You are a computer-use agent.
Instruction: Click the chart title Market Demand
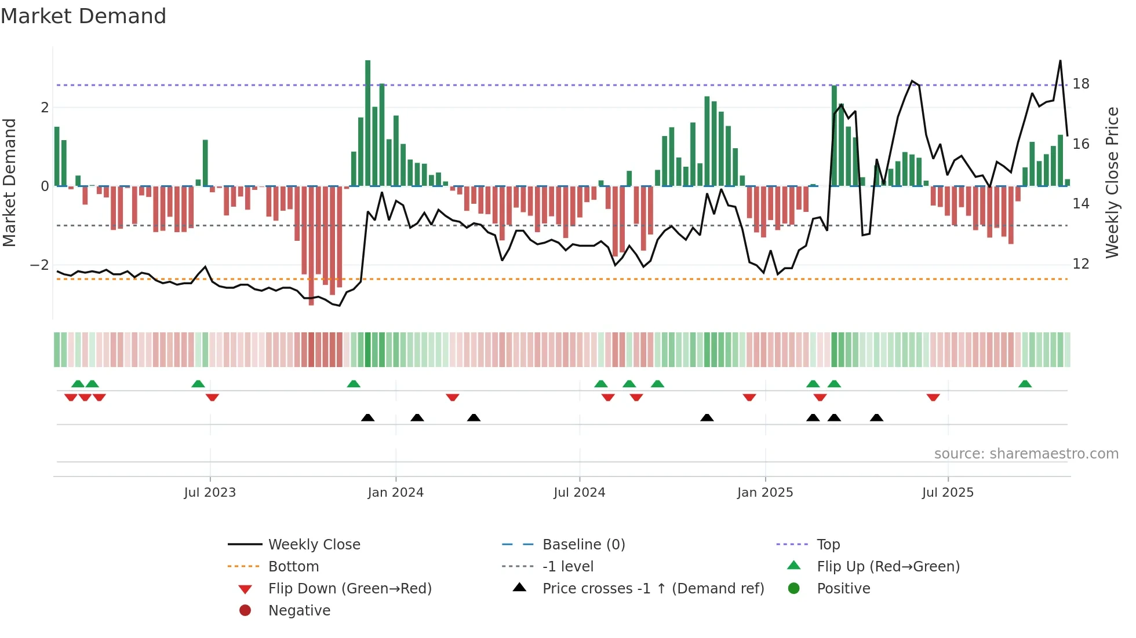(83, 16)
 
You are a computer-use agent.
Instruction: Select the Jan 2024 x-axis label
(395, 493)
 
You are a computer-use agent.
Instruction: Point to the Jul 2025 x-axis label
(948, 493)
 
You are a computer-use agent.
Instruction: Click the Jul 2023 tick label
(210, 493)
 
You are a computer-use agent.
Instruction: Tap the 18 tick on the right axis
(1081, 84)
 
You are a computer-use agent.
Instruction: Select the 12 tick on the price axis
(1081, 264)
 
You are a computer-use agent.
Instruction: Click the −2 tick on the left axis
(40, 265)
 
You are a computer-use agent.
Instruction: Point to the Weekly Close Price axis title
(1112, 182)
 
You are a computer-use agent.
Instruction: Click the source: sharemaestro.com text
(1026, 454)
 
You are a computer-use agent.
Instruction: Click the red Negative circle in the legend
(245, 611)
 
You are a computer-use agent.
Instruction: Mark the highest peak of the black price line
(1060, 61)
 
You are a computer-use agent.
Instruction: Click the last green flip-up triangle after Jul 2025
(1025, 384)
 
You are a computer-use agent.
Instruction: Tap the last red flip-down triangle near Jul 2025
(933, 397)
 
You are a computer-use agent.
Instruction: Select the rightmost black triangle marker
(876, 417)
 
